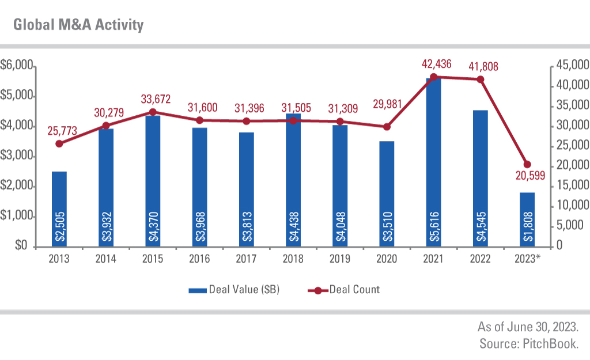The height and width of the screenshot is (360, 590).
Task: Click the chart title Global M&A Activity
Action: click(78, 25)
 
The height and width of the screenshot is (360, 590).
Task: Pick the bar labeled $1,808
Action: click(527, 219)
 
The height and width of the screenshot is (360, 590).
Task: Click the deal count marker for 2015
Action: click(153, 112)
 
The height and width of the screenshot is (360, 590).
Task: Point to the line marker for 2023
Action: click(527, 165)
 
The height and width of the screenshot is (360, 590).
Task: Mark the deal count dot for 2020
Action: click(387, 127)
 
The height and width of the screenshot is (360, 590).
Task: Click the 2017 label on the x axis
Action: click(247, 259)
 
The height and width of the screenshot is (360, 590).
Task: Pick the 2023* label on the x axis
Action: click(528, 259)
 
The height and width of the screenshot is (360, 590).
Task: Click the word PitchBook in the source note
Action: click(553, 344)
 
